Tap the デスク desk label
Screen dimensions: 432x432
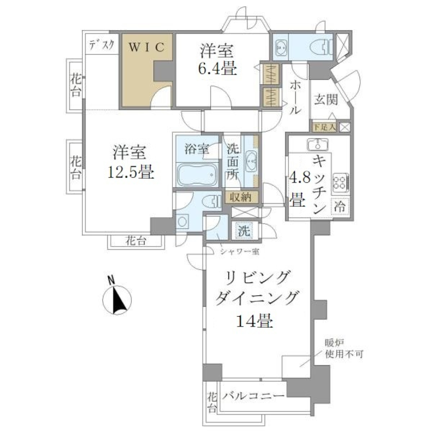pyautogui.click(x=101, y=45)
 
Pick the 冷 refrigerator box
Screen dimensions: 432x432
pyautogui.click(x=341, y=207)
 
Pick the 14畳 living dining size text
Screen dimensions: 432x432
pyautogui.click(x=253, y=321)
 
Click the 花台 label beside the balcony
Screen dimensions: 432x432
pyautogui.click(x=211, y=401)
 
